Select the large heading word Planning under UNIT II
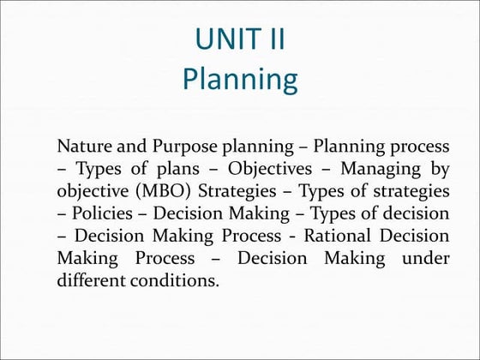pos(240,80)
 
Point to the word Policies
pos(102,212)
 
